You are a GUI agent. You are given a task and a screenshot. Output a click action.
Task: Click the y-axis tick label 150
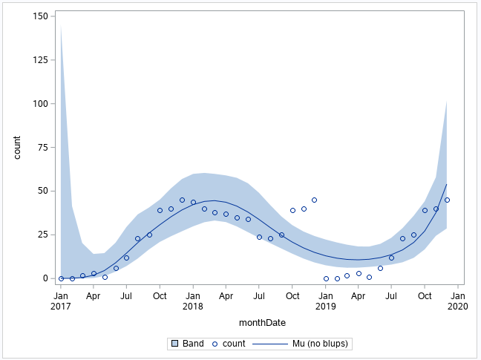(42, 16)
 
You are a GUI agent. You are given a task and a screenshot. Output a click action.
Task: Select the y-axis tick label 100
(42, 104)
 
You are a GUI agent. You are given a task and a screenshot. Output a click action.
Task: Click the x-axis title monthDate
(262, 323)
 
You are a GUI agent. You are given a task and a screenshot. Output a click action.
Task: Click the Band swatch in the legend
(174, 344)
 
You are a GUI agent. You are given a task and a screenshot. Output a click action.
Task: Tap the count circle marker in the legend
(216, 344)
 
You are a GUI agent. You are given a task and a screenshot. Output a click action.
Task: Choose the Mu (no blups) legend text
(319, 344)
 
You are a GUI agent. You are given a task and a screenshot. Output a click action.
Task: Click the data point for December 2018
(314, 200)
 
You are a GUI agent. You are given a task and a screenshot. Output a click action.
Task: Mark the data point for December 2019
(447, 200)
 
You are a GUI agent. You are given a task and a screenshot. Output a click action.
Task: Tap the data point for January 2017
(61, 278)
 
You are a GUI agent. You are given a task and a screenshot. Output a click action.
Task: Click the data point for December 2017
(182, 200)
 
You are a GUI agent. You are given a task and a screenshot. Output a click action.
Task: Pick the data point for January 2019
(326, 278)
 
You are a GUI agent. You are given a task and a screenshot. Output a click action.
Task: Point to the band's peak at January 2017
(61, 27)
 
